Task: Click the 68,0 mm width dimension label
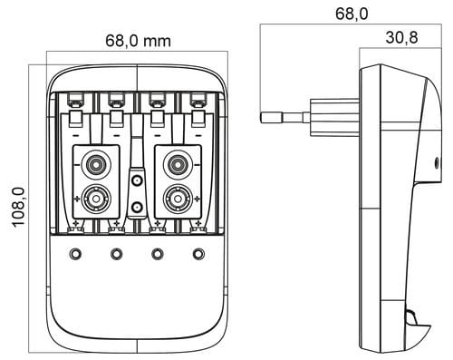click(138, 41)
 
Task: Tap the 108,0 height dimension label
click(18, 207)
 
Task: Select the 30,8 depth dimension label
click(401, 37)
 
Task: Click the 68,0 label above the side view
click(352, 14)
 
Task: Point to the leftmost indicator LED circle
click(75, 254)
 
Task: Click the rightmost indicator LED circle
click(198, 254)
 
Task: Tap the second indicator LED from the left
click(116, 254)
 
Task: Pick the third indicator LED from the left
click(158, 254)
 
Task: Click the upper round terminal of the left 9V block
click(96, 165)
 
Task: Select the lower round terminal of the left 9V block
click(96, 199)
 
